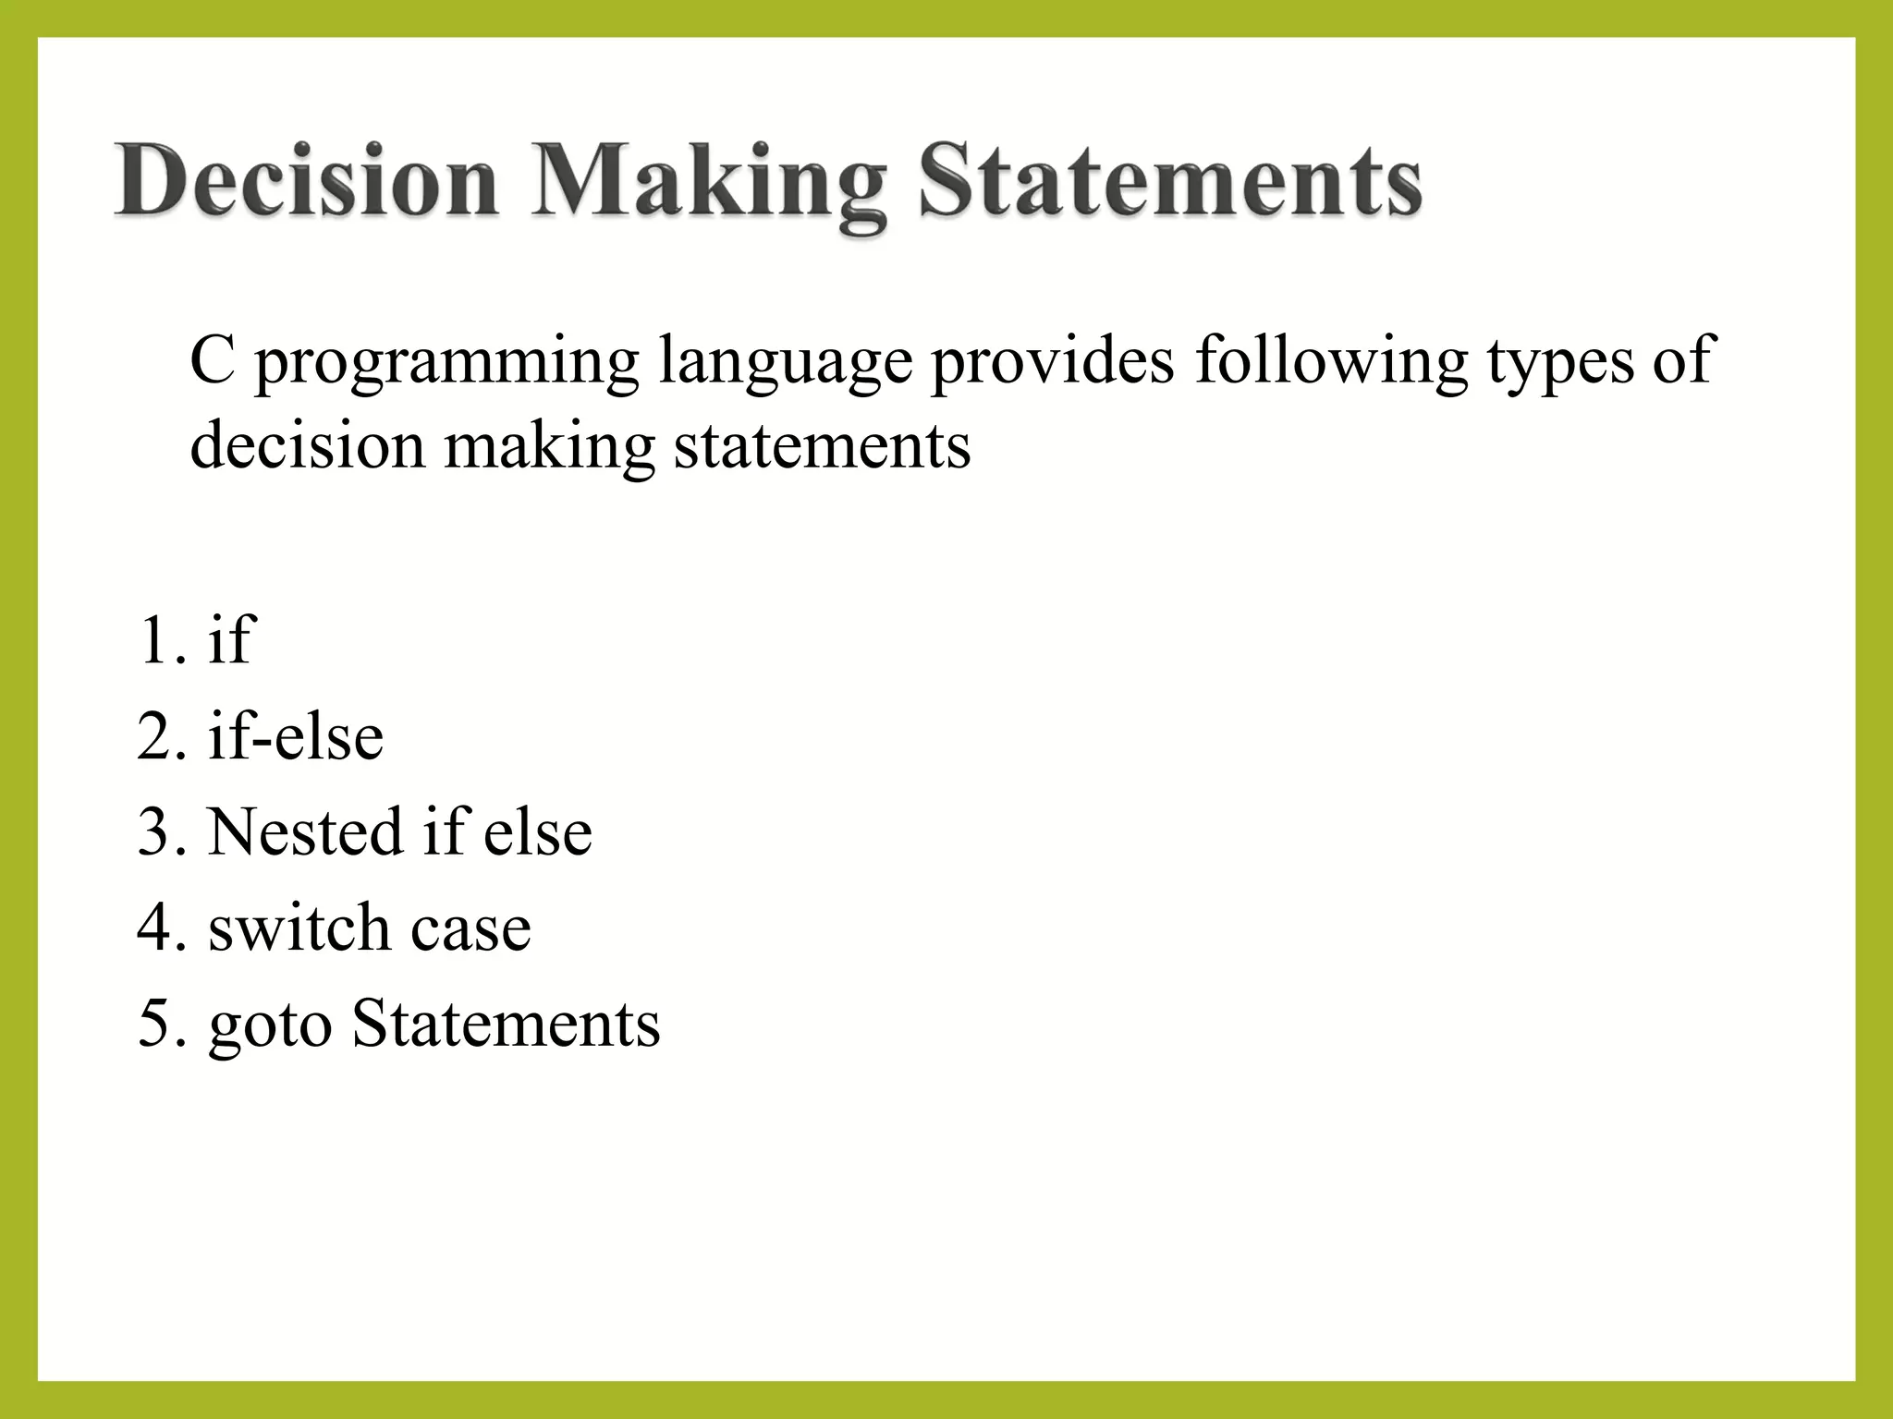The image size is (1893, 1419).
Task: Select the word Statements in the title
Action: point(1170,181)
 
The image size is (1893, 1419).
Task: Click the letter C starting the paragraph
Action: point(212,360)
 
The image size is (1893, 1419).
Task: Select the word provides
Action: point(1053,360)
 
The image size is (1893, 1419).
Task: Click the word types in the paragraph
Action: point(1558,364)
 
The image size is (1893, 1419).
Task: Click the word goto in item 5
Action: point(270,1025)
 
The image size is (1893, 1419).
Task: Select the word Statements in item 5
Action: point(506,1024)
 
